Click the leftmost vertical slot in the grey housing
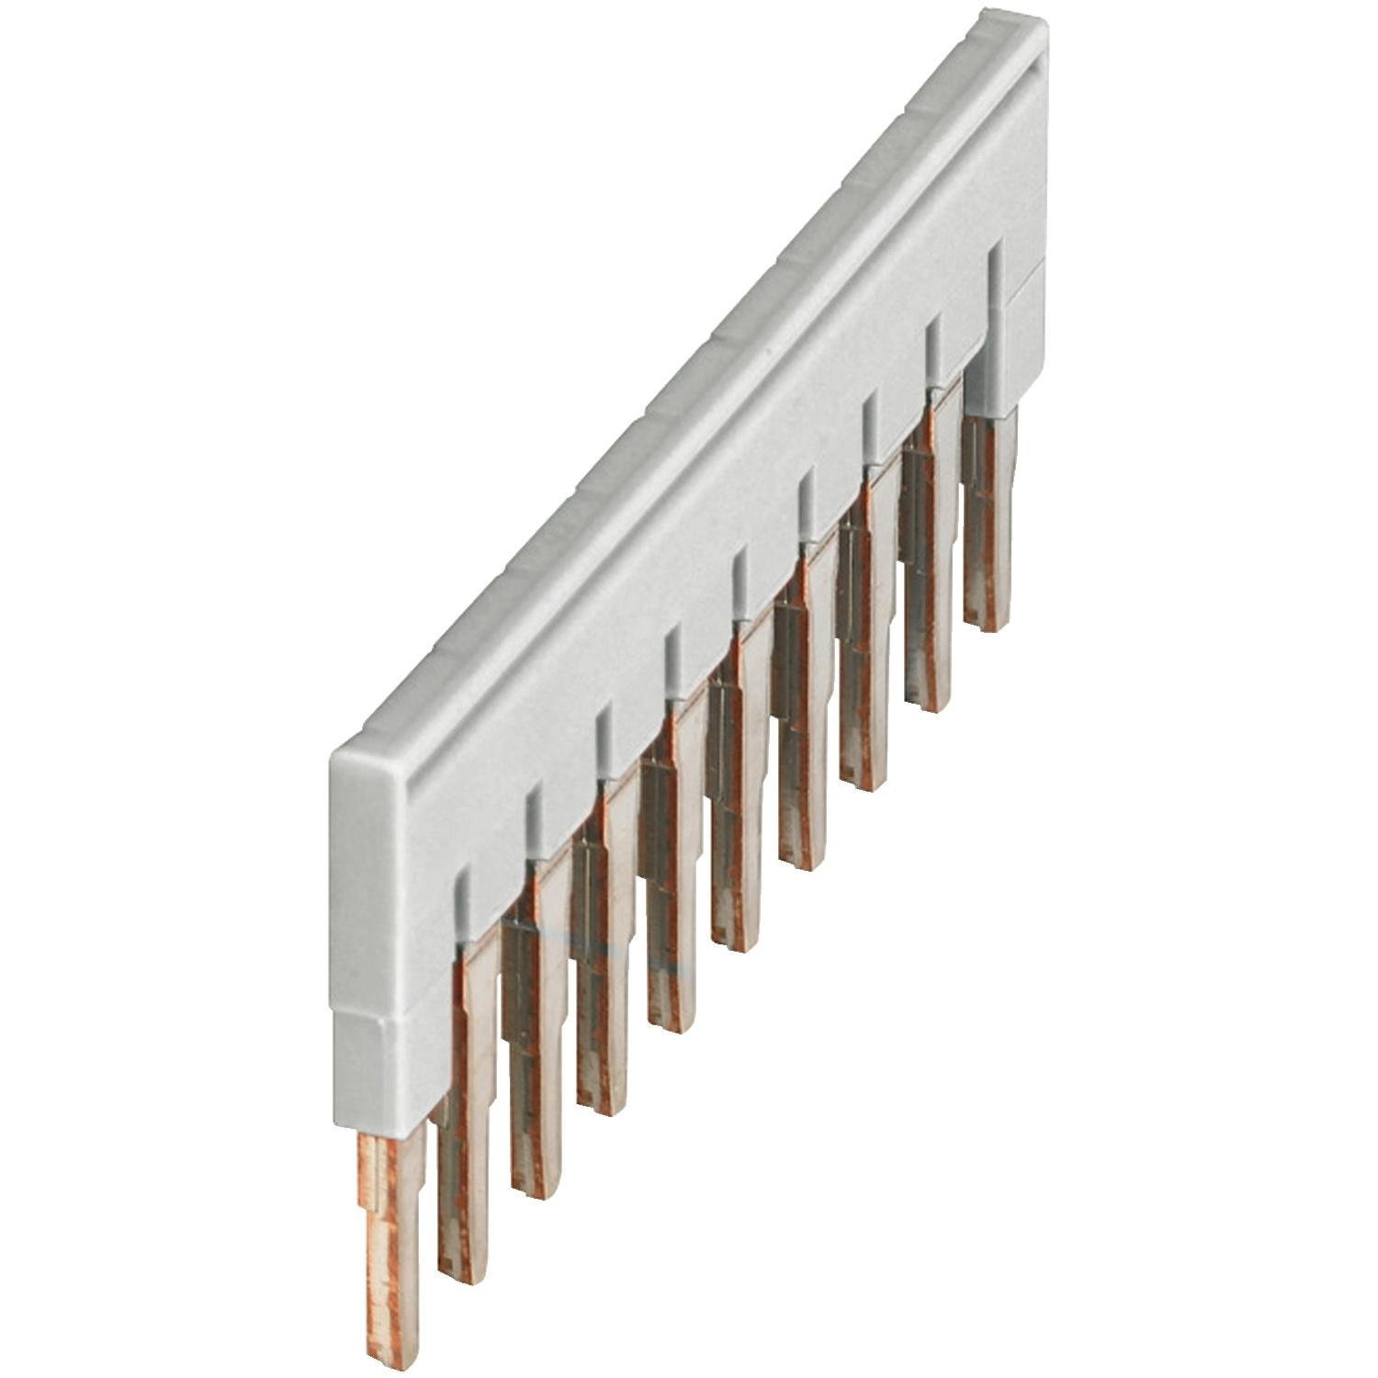tap(463, 905)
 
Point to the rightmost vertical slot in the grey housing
tap(994, 276)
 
